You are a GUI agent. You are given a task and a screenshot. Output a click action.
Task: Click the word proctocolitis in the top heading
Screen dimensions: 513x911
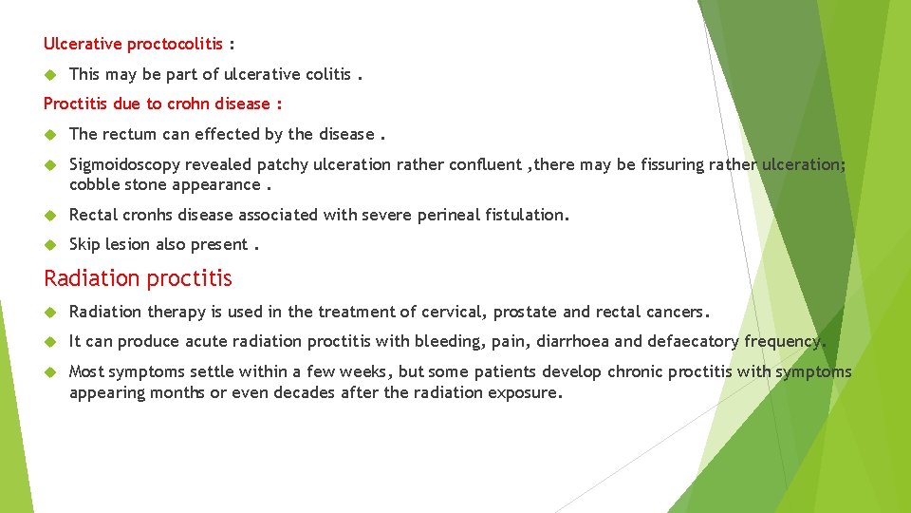[175, 44]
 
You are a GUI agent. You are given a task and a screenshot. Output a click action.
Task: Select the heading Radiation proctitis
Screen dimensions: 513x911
[138, 278]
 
